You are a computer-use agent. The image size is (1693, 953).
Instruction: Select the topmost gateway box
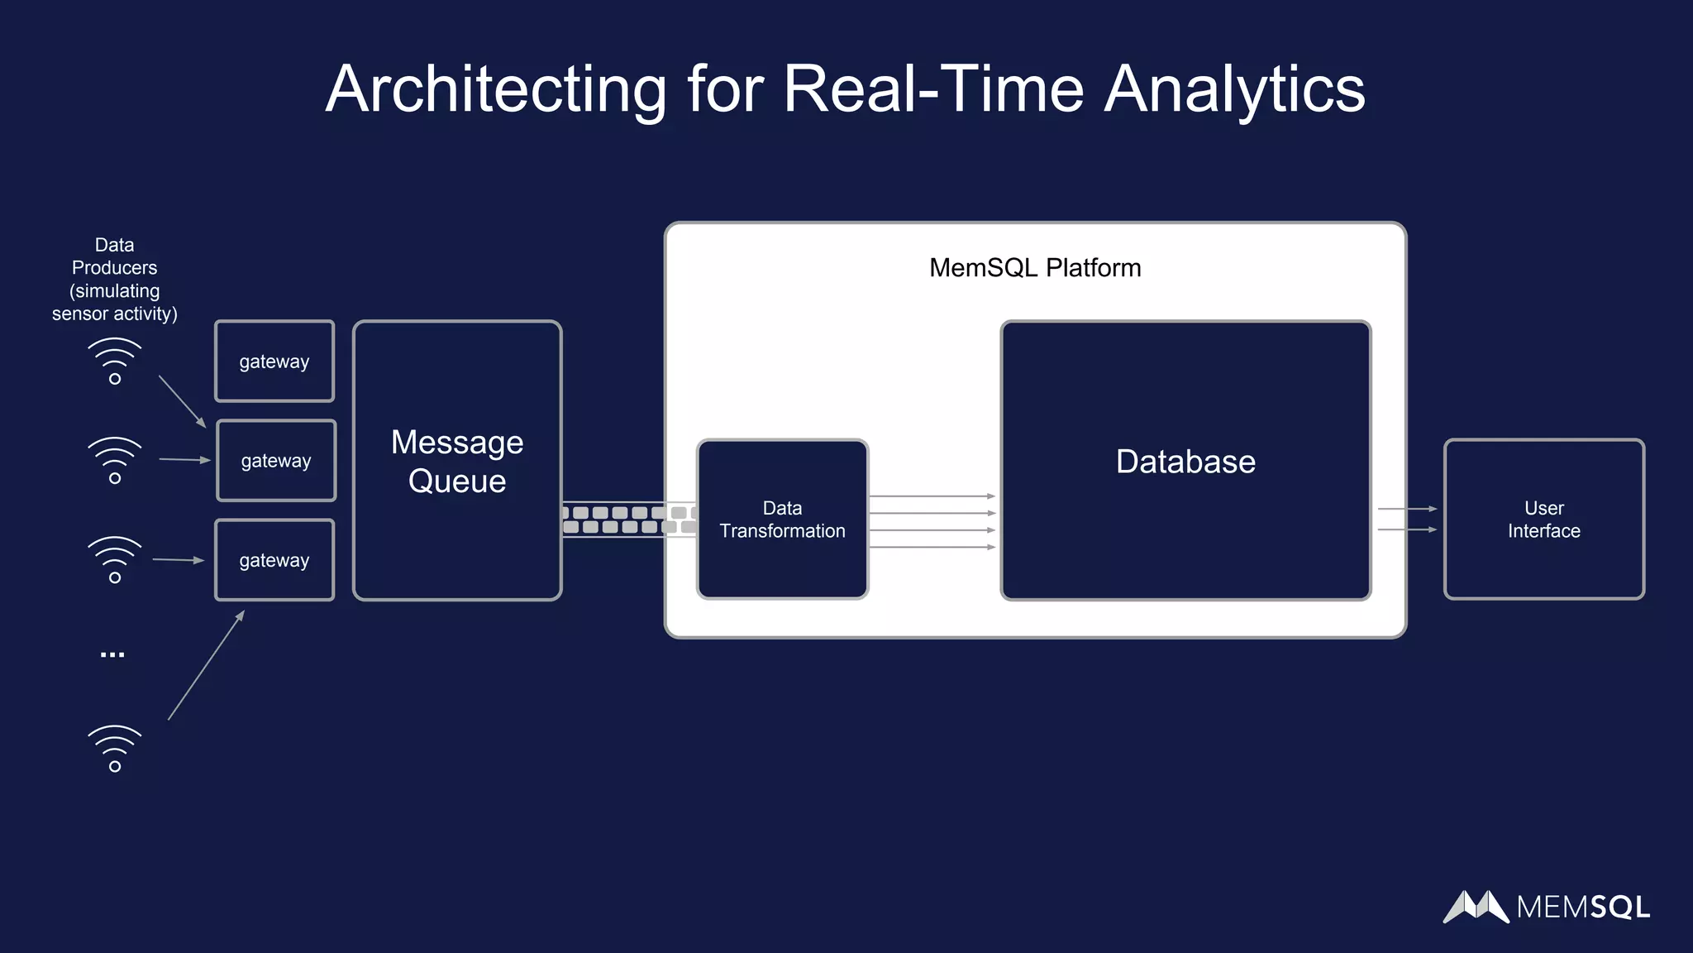(x=274, y=362)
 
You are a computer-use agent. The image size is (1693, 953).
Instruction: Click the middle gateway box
(x=276, y=461)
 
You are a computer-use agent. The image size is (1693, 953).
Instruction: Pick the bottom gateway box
(x=274, y=560)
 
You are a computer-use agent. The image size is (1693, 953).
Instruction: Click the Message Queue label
(x=457, y=462)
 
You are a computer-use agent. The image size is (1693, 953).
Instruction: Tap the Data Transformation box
(x=782, y=520)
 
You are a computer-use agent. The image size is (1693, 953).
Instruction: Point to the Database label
(x=1185, y=462)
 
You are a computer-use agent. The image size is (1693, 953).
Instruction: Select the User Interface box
(x=1543, y=520)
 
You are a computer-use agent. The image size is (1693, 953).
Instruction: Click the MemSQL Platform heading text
(x=1035, y=268)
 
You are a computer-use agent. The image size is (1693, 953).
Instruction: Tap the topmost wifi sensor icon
(x=115, y=362)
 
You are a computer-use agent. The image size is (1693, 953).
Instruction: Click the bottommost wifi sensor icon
(x=115, y=749)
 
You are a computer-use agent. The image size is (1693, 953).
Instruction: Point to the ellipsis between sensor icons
(x=112, y=655)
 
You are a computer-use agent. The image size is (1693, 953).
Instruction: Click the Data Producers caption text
(x=115, y=280)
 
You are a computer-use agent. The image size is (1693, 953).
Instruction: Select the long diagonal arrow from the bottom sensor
(x=207, y=665)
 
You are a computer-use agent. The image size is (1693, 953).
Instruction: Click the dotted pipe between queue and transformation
(x=628, y=520)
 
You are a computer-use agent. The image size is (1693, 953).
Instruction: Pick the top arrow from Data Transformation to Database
(x=932, y=496)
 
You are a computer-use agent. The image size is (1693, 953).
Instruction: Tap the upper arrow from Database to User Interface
(x=1407, y=509)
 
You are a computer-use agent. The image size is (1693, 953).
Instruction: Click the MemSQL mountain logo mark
(x=1476, y=907)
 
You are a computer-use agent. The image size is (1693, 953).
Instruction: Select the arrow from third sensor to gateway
(x=178, y=560)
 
